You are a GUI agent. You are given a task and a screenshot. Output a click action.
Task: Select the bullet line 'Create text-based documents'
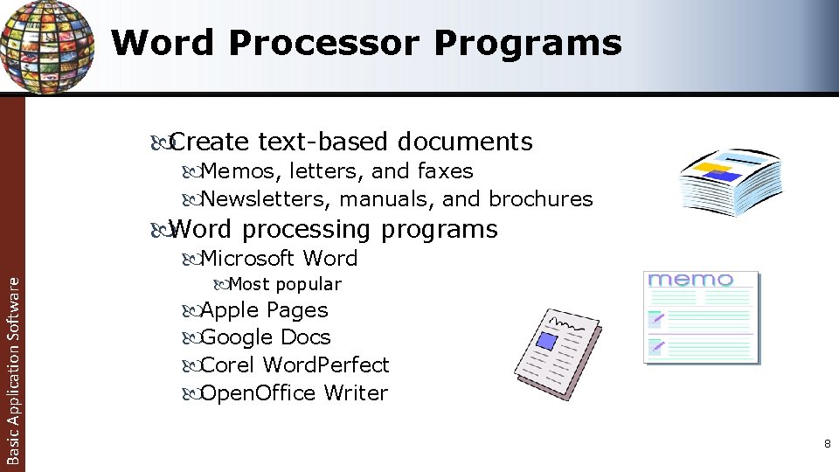pyautogui.click(x=350, y=141)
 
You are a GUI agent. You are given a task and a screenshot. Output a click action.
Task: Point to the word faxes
pyautogui.click(x=446, y=171)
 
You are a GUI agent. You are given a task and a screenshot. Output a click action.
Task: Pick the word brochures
pyautogui.click(x=540, y=199)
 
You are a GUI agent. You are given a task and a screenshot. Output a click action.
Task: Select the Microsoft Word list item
pyautogui.click(x=279, y=259)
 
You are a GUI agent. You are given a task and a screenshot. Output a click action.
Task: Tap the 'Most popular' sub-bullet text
pyautogui.click(x=284, y=284)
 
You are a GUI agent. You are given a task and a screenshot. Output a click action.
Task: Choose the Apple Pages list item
pyautogui.click(x=264, y=310)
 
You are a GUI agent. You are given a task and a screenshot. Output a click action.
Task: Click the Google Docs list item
pyautogui.click(x=266, y=337)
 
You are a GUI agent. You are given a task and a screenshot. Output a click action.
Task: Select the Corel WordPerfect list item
pyautogui.click(x=295, y=364)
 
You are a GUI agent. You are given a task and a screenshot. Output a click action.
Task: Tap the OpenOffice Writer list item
pyautogui.click(x=294, y=393)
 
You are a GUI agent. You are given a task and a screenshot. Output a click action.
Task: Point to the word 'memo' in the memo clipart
pyautogui.click(x=690, y=280)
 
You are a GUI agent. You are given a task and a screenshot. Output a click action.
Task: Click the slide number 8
pyautogui.click(x=827, y=445)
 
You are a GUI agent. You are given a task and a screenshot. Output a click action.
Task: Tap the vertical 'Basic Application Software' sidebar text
pyautogui.click(x=12, y=367)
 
